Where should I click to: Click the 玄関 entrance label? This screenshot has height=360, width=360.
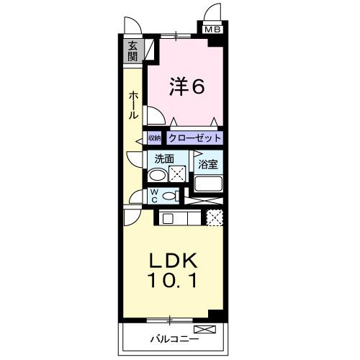(x=133, y=52)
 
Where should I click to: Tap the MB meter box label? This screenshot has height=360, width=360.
(x=212, y=30)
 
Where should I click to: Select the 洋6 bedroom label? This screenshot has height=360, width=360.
(x=187, y=86)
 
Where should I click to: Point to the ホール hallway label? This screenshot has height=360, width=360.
(x=134, y=105)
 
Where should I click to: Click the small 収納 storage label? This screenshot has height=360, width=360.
(x=155, y=138)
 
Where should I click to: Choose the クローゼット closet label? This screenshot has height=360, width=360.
(x=194, y=138)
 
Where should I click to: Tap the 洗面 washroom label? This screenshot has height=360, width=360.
(x=161, y=159)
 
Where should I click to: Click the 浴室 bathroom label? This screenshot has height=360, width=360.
(x=209, y=164)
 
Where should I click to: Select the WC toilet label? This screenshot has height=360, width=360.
(x=154, y=195)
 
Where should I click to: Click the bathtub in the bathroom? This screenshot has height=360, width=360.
(x=209, y=185)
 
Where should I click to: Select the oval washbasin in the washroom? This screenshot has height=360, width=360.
(x=156, y=174)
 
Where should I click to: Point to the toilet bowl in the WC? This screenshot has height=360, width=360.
(x=170, y=196)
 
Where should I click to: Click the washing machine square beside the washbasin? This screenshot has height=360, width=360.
(x=177, y=174)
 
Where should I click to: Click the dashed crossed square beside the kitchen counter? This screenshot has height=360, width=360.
(x=215, y=217)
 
